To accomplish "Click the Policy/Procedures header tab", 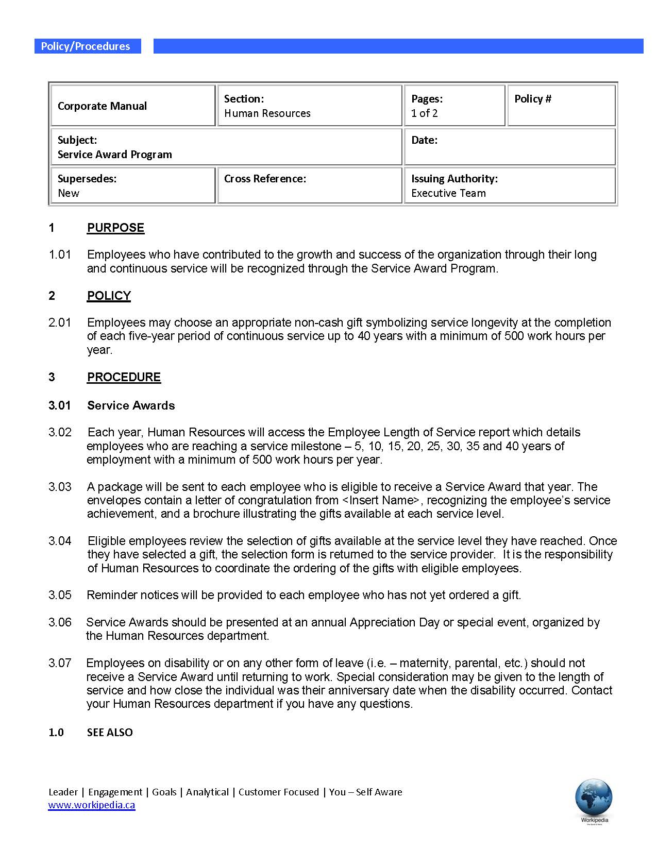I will [x=86, y=46].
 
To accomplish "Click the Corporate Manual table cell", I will [x=102, y=106].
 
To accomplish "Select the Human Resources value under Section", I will [x=267, y=113].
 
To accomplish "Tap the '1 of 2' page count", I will [x=424, y=113].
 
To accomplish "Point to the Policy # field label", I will [x=532, y=99].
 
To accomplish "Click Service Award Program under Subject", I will [x=114, y=155].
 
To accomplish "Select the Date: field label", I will [x=424, y=140].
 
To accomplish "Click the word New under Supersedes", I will [x=69, y=193].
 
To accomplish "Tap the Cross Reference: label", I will [x=265, y=179].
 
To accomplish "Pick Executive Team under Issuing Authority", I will [x=448, y=193].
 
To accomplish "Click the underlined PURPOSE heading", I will [x=115, y=228].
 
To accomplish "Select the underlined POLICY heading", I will [x=109, y=296].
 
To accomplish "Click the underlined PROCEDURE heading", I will [x=124, y=377].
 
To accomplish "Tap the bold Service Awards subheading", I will [x=131, y=405].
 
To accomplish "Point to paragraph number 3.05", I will [x=60, y=595].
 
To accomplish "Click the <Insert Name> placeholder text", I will [x=381, y=500].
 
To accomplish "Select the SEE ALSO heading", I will [x=110, y=733].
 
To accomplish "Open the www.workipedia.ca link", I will [x=92, y=805].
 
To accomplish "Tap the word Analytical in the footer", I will [x=207, y=792].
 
